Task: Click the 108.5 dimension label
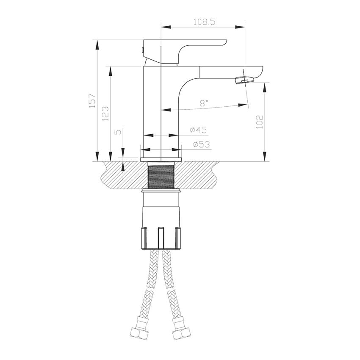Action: (x=204, y=22)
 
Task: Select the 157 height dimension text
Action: (x=92, y=101)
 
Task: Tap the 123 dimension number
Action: (x=105, y=114)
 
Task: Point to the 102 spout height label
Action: (x=259, y=122)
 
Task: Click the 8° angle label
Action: (x=204, y=103)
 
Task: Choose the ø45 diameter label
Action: (x=198, y=130)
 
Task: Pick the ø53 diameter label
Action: (x=201, y=144)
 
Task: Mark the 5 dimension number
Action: (x=119, y=132)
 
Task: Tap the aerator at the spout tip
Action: (x=244, y=80)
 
